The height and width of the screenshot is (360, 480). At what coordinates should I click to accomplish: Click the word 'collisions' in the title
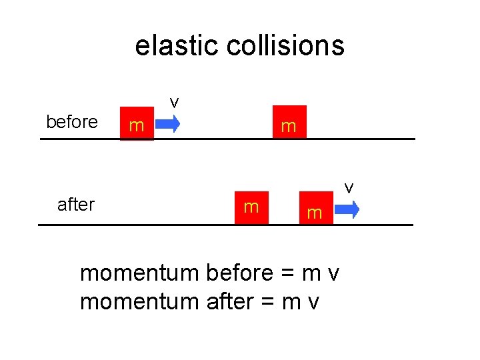click(285, 46)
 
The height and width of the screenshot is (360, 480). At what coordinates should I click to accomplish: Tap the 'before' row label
click(71, 123)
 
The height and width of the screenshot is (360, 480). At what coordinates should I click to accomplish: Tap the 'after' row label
click(76, 205)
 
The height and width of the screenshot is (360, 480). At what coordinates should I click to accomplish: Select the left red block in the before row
click(137, 124)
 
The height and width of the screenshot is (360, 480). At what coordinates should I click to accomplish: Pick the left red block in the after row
click(251, 207)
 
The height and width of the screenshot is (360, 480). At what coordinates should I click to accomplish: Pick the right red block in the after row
click(315, 212)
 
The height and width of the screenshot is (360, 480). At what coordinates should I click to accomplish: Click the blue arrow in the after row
click(347, 209)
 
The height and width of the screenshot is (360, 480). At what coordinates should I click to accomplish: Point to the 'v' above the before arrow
click(174, 102)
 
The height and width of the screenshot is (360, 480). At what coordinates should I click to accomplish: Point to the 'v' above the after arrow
click(349, 188)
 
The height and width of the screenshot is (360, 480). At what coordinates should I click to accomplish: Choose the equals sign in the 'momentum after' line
click(268, 303)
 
